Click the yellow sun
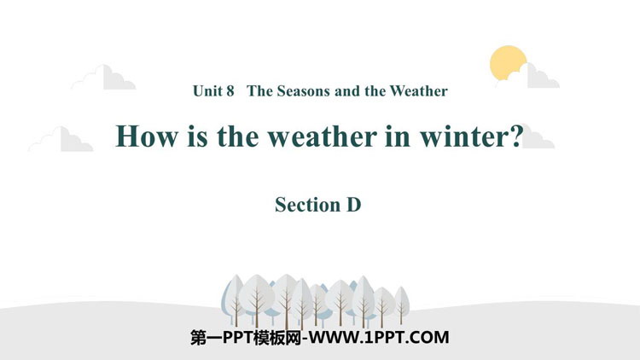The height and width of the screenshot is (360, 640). coord(508,62)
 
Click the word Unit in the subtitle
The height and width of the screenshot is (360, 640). coord(207,90)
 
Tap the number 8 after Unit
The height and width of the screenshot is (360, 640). coord(230,91)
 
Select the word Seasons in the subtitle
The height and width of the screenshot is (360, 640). coord(304,91)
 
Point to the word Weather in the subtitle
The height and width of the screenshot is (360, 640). coord(418,90)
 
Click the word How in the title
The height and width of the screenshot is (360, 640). coord(147,136)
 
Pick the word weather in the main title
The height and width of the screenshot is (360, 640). coord(322,136)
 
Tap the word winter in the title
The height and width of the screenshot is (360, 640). coord(465,136)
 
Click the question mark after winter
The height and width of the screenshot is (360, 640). coord(517,136)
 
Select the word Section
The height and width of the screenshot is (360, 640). coord(308,205)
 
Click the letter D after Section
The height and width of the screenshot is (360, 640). coord(354,205)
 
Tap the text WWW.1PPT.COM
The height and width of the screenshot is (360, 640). coord(379,338)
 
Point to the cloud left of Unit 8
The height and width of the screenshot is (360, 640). coord(103,78)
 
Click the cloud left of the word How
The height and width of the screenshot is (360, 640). coord(61,139)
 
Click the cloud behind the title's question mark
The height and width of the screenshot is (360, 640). coord(538,140)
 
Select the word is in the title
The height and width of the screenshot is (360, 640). coord(197,136)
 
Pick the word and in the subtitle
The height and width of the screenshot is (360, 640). coord(347,91)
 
